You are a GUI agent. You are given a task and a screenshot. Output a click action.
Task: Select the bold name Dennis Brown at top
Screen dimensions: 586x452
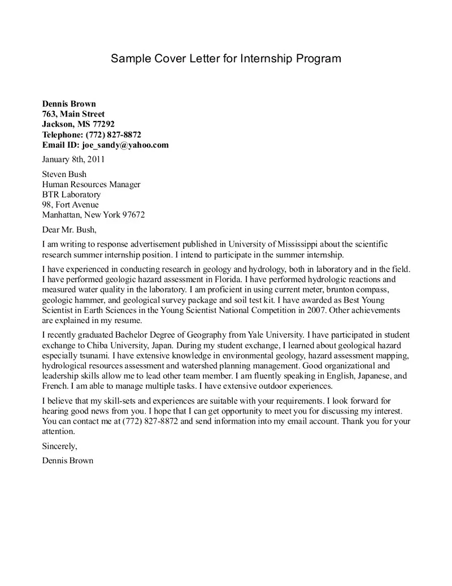(x=69, y=104)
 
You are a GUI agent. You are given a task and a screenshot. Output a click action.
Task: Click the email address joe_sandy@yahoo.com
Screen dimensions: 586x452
(x=125, y=145)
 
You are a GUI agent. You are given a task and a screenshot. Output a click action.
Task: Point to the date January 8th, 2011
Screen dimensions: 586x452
(x=73, y=160)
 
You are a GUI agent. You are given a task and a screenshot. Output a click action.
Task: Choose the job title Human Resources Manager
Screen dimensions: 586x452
(x=92, y=184)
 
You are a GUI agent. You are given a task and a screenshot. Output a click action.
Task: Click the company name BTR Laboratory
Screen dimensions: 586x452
(x=71, y=195)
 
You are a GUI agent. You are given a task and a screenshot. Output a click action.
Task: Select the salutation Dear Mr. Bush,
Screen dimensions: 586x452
(x=69, y=230)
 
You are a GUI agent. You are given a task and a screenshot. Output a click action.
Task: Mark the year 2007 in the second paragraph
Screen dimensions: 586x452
(x=315, y=310)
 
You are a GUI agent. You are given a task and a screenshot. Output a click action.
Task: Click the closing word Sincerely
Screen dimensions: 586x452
(x=59, y=446)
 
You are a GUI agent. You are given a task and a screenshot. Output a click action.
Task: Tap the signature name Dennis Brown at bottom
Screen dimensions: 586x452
(x=68, y=460)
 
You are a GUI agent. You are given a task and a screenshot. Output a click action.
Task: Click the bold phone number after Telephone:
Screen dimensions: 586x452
(x=113, y=135)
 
